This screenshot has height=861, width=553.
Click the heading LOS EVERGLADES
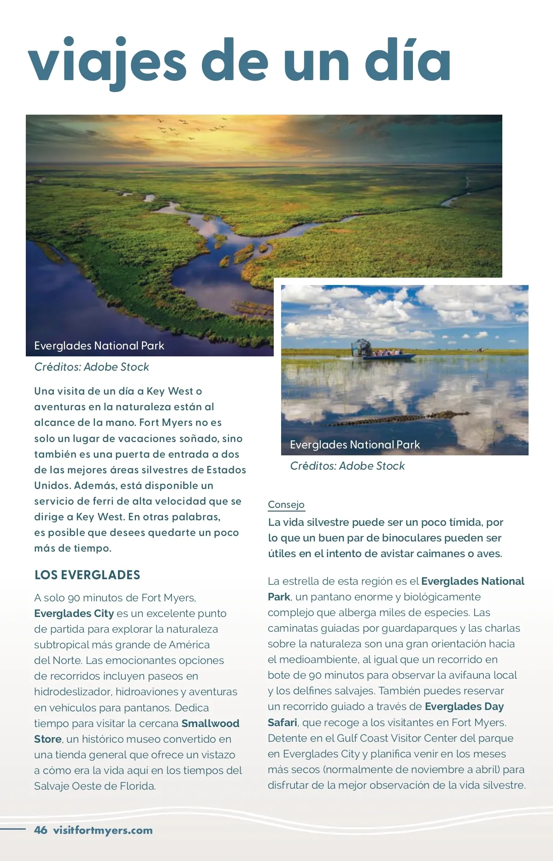tap(87, 575)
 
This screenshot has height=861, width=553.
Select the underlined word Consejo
tap(286, 505)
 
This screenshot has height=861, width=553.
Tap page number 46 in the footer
tap(41, 830)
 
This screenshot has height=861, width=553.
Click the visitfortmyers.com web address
tap(103, 830)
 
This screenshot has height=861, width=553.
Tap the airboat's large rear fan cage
tap(361, 347)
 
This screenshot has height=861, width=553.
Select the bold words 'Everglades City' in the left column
tap(74, 613)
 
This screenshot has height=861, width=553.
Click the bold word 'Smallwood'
tap(210, 723)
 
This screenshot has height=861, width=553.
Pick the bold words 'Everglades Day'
tap(464, 706)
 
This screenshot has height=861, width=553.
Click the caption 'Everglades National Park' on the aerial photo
tap(99, 346)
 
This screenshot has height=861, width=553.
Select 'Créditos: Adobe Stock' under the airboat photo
tap(347, 466)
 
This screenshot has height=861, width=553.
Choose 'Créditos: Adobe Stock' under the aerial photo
tap(92, 367)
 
